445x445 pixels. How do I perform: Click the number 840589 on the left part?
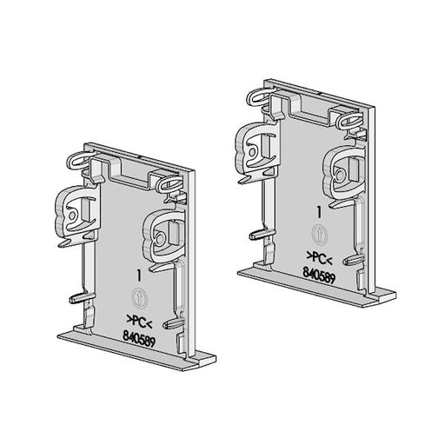[x=139, y=340]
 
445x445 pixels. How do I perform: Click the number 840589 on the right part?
[x=319, y=276]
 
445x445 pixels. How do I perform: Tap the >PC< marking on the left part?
[x=140, y=322]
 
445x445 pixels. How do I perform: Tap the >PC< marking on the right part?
[x=319, y=258]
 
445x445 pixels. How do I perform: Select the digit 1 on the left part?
[x=139, y=276]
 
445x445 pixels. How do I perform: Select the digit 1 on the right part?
[x=319, y=212]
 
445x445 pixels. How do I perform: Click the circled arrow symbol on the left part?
[x=140, y=297]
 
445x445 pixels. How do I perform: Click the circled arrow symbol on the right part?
[x=319, y=234]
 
